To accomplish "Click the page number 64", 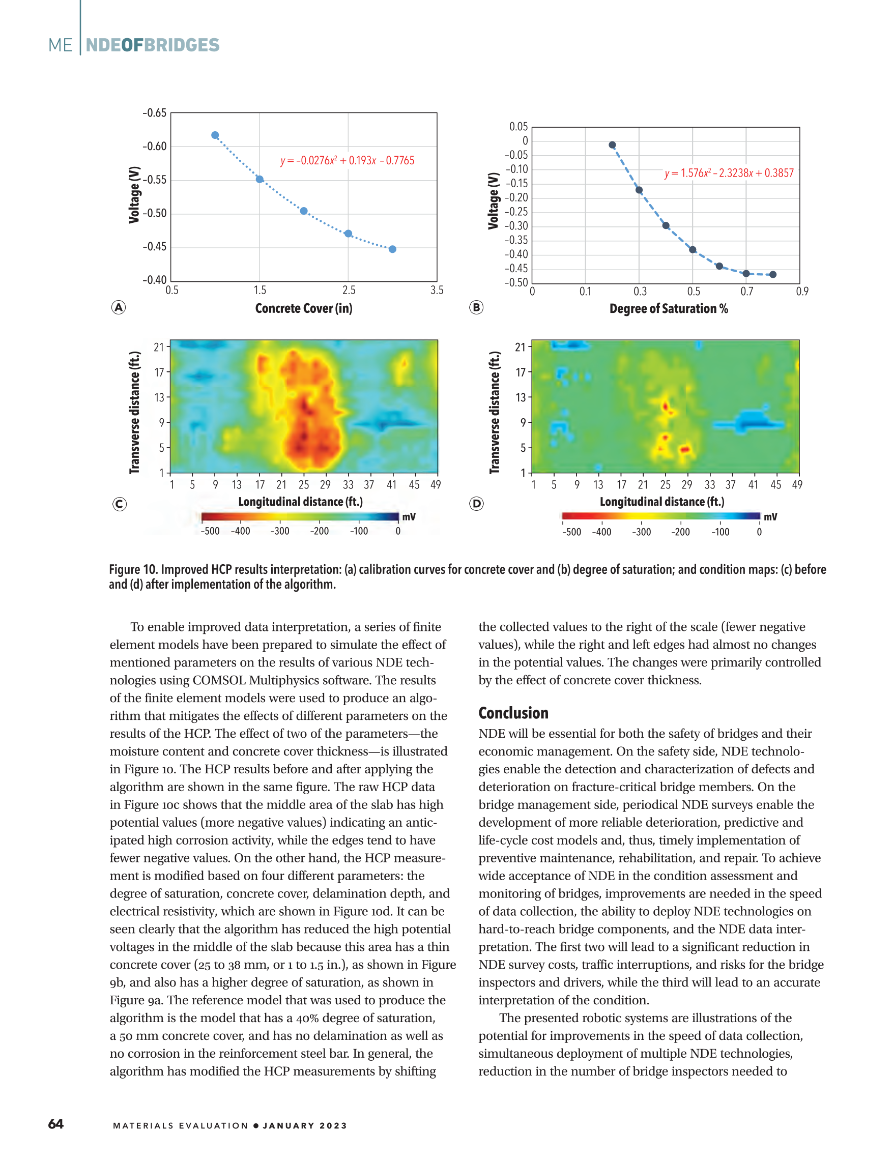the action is [x=56, y=1124].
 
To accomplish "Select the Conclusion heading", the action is [x=513, y=713].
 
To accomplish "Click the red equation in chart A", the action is [x=347, y=160].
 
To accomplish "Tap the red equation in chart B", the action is [x=729, y=172].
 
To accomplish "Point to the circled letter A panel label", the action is [x=119, y=307].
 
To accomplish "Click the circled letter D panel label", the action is [x=476, y=503].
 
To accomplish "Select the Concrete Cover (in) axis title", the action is [x=303, y=308].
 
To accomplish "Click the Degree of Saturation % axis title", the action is [x=669, y=308].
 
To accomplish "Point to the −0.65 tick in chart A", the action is [x=154, y=112].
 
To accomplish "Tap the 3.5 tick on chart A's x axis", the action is [x=437, y=290].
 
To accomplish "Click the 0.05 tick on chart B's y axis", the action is [x=518, y=127].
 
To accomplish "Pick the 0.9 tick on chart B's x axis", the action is [x=801, y=291].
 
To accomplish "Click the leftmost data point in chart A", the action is [x=215, y=135].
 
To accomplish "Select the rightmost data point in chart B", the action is [x=773, y=275].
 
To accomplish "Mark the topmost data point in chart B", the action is [x=612, y=145].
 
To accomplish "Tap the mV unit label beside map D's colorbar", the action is [x=770, y=516].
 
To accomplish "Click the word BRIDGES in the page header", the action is [x=182, y=45].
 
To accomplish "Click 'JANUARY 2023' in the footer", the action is [x=305, y=1125].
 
